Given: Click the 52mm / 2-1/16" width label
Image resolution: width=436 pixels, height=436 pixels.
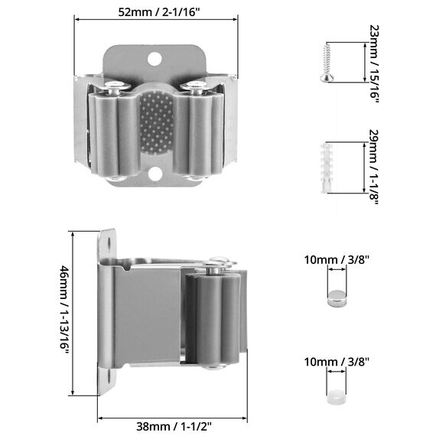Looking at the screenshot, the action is pyautogui.click(x=159, y=12).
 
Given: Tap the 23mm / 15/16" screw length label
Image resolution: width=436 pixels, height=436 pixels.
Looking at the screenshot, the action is pyautogui.click(x=374, y=63).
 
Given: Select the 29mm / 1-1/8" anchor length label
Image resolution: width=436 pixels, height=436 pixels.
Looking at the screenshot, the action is pyautogui.click(x=374, y=167).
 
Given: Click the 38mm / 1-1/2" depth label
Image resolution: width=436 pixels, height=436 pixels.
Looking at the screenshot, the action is pyautogui.click(x=174, y=426).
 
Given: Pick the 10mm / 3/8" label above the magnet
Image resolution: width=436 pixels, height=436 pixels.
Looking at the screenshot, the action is pyautogui.click(x=337, y=260).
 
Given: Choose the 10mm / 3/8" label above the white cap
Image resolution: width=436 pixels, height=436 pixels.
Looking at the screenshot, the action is pyautogui.click(x=337, y=362).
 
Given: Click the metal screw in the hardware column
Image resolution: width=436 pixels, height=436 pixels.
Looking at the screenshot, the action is pyautogui.click(x=327, y=62).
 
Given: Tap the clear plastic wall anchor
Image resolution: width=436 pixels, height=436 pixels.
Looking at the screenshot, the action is pyautogui.click(x=327, y=168).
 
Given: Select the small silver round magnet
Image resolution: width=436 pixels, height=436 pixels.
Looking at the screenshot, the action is pyautogui.click(x=337, y=298).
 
